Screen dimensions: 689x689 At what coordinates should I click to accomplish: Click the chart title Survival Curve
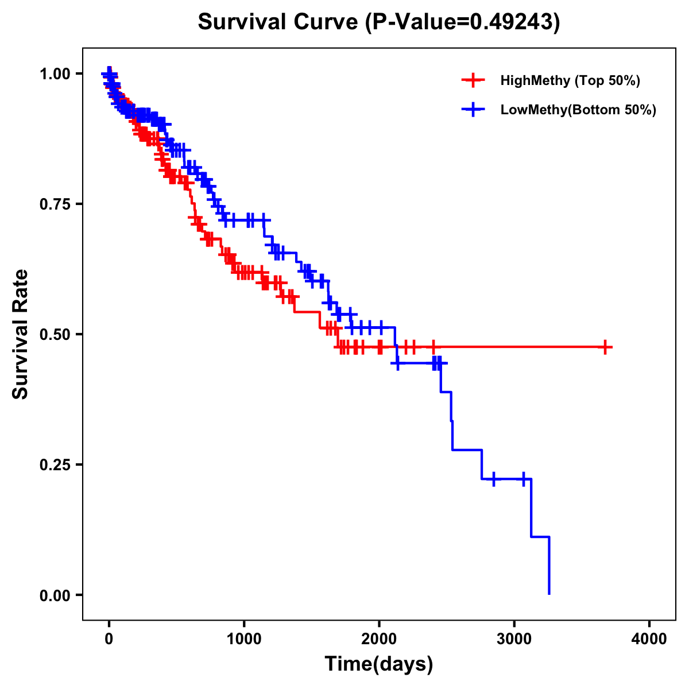coord(279,22)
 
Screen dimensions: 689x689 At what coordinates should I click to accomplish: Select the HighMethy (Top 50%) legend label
coord(570,80)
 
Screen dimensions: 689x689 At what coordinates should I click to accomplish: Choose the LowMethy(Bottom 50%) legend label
coord(578,110)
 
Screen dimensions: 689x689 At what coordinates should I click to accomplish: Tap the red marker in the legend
coord(473,80)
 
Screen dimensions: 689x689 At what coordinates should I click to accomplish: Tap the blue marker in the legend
coord(473,110)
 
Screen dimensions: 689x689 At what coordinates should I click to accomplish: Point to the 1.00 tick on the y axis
coord(55,73)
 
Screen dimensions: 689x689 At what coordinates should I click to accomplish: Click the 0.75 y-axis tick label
coord(55,204)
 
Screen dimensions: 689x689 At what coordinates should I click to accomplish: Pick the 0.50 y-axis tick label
coord(55,334)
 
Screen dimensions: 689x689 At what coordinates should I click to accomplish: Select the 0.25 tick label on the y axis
coord(55,465)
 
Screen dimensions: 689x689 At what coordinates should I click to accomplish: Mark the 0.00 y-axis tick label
coord(55,595)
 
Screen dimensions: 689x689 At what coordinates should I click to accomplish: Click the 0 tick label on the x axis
coord(109,640)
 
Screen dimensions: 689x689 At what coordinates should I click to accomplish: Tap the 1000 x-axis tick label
coord(244,640)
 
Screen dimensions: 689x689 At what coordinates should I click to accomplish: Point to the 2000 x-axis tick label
coord(379,640)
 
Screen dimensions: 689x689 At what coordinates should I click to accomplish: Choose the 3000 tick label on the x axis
coord(514,640)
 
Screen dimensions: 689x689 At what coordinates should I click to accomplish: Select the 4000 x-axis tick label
coord(649,640)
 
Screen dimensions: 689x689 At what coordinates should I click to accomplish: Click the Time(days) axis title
coord(379,664)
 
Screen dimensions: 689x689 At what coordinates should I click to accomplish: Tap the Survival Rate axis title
coord(21,334)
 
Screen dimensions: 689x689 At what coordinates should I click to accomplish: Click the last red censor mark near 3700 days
coord(605,347)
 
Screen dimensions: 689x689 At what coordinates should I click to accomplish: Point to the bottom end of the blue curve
coord(549,593)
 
